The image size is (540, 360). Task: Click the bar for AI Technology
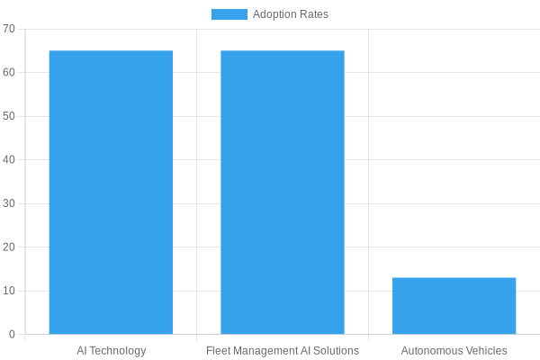tap(111, 193)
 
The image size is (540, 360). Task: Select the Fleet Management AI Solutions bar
tap(283, 193)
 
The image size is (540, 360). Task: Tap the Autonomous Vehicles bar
tap(454, 306)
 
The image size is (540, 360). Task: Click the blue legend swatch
tap(229, 14)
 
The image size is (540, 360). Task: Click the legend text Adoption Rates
tap(290, 14)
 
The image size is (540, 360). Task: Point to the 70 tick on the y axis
tap(9, 29)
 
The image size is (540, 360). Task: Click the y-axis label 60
tap(9, 72)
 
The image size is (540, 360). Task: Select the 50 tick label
tap(9, 116)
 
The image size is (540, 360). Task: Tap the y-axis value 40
tap(9, 159)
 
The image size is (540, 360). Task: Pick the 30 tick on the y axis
tap(9, 203)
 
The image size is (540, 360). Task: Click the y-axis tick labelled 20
tap(9, 247)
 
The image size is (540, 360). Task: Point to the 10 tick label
tap(9, 291)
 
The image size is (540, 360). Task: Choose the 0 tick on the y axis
tap(12, 334)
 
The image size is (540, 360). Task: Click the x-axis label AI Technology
tap(111, 350)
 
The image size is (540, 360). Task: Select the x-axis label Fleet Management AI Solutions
tap(283, 350)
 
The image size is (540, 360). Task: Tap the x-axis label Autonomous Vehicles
tap(454, 350)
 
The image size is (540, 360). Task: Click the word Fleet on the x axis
tap(219, 350)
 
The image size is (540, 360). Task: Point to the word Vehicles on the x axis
tap(486, 350)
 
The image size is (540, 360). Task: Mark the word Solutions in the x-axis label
tap(336, 350)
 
